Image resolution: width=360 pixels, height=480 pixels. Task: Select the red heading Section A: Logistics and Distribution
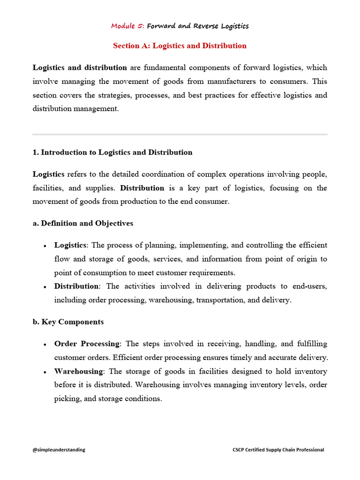pos(180,45)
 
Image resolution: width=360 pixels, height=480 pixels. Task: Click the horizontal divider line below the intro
pos(180,135)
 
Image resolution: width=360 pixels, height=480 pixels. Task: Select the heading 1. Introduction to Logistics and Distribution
pos(112,152)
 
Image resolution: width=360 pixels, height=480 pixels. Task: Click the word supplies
pos(101,188)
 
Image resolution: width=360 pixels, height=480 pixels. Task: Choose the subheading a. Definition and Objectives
pos(83,223)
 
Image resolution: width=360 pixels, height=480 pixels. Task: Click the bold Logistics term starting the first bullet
pos(70,245)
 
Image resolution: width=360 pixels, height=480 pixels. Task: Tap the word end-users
pos(309,286)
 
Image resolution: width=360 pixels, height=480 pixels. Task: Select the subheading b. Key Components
pos(68,322)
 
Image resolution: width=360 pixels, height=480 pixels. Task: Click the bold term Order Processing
pos(87,344)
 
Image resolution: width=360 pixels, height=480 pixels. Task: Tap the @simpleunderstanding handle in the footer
pos(59,450)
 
